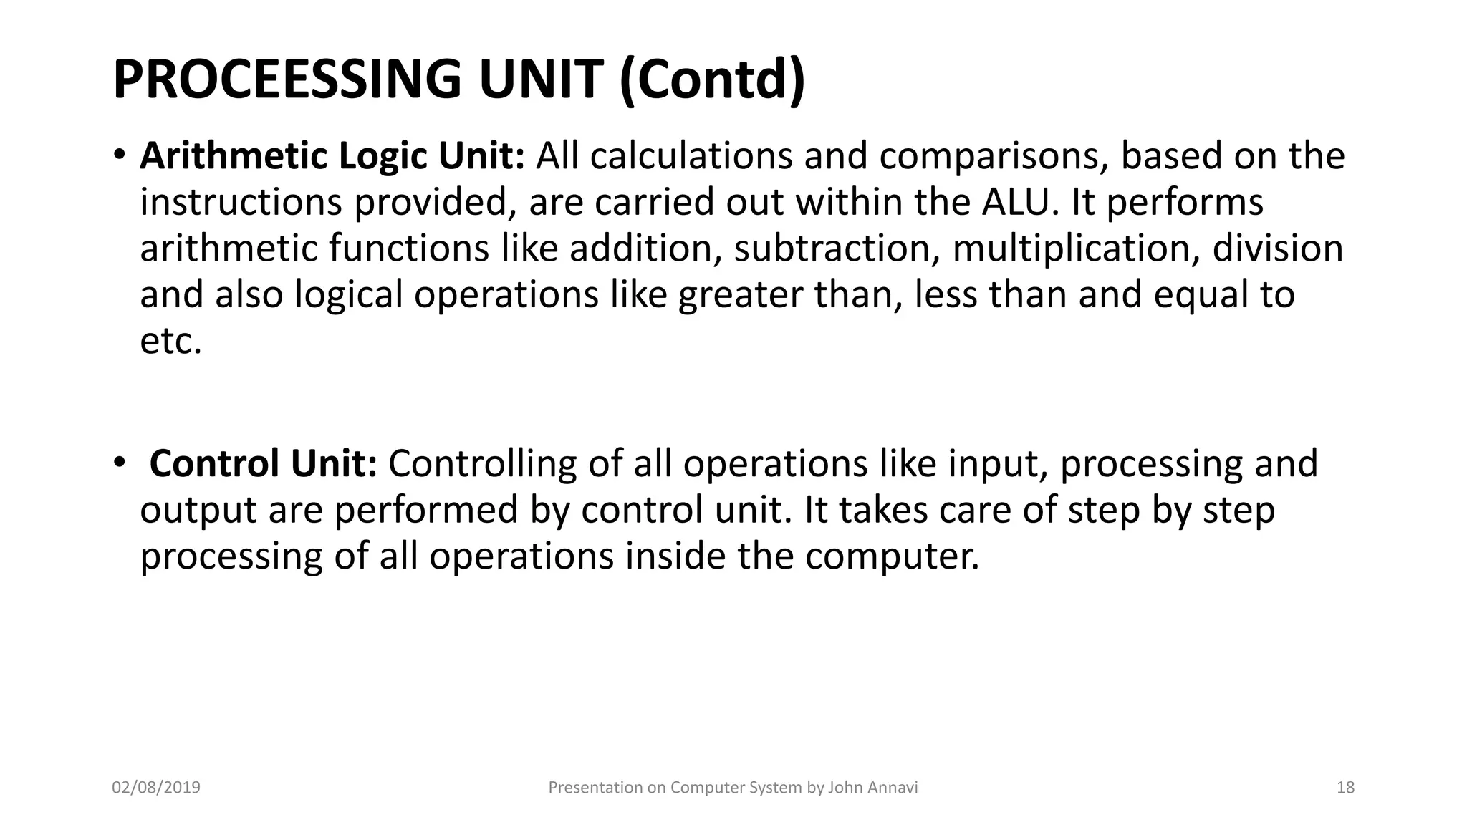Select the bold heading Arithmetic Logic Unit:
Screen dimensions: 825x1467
332,156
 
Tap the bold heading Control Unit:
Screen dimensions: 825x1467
263,463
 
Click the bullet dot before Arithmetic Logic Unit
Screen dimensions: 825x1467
119,155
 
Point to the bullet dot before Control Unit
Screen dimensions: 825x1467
119,463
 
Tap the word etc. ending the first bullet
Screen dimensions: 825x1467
170,341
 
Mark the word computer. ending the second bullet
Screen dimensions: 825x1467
891,556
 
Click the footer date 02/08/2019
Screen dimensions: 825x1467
156,788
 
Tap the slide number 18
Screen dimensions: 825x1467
1345,788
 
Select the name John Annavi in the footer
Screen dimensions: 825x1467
872,788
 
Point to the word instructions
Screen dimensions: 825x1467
241,202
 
